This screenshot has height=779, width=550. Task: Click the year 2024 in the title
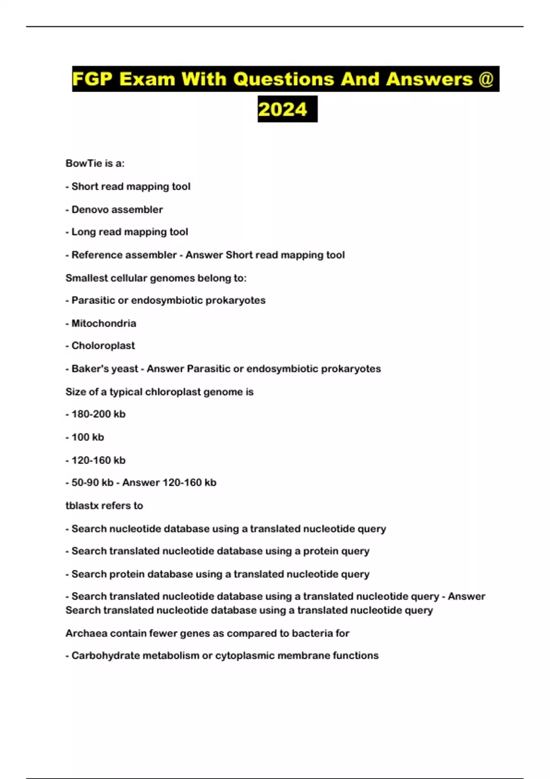[x=283, y=110]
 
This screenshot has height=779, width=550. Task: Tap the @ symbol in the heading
[x=485, y=79]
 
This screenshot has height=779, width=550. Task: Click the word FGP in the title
[x=92, y=79]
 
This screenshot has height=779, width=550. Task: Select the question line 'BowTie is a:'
[x=95, y=164]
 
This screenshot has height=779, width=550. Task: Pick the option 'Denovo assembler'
[x=117, y=210]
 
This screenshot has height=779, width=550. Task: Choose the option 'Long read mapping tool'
[x=130, y=232]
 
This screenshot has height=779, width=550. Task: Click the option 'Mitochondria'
[x=104, y=324]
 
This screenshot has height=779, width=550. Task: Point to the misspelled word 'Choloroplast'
[x=103, y=346]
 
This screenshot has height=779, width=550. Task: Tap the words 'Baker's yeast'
[x=104, y=369]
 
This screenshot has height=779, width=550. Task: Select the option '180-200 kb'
[x=98, y=414]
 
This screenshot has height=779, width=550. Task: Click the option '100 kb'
[x=88, y=437]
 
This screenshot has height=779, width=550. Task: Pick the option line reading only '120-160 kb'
[x=98, y=460]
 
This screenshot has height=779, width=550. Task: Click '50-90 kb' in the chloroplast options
[x=92, y=483]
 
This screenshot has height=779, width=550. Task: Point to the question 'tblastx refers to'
[x=104, y=506]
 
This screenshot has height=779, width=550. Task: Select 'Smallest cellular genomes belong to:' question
[x=156, y=278]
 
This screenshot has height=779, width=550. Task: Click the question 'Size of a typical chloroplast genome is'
[x=159, y=392]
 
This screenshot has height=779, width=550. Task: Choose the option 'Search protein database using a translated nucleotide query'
[x=220, y=574]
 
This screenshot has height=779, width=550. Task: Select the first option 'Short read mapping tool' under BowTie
[x=131, y=187]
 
